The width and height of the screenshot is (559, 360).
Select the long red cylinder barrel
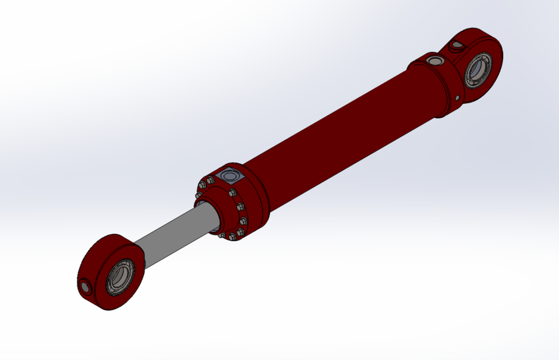pyautogui.click(x=338, y=134)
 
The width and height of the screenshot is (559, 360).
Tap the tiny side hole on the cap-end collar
pyautogui.click(x=458, y=97)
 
